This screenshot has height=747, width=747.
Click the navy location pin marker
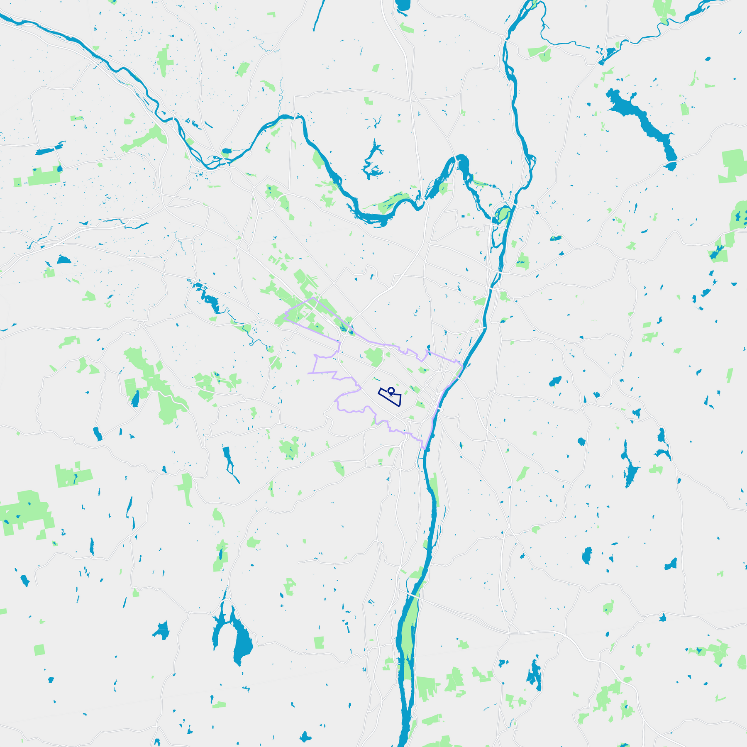pyautogui.click(x=391, y=391)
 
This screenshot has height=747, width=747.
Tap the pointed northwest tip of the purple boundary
pyautogui.click(x=314, y=298)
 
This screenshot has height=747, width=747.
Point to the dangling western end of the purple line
pyautogui.click(x=308, y=373)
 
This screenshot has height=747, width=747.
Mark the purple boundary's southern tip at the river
pyautogui.click(x=423, y=449)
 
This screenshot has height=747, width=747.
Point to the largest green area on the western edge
pyautogui.click(x=27, y=513)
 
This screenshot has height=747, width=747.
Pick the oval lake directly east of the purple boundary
pyautogui.click(x=555, y=381)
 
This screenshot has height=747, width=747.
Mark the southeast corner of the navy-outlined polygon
pyautogui.click(x=399, y=405)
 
